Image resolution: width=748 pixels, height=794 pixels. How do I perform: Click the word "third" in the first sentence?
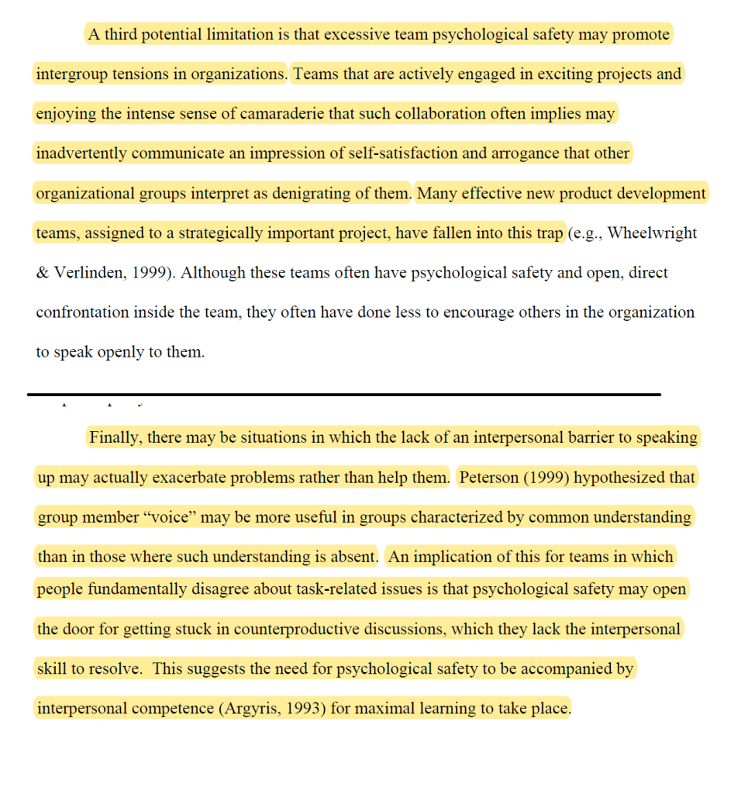(x=122, y=35)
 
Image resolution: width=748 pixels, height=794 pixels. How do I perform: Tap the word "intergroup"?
(x=72, y=74)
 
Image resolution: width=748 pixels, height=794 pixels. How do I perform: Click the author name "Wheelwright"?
(x=653, y=233)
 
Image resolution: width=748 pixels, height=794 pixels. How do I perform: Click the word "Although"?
(x=212, y=273)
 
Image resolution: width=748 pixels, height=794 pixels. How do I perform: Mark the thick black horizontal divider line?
(x=344, y=395)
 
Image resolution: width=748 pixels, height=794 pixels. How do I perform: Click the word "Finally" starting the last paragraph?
(x=115, y=437)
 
